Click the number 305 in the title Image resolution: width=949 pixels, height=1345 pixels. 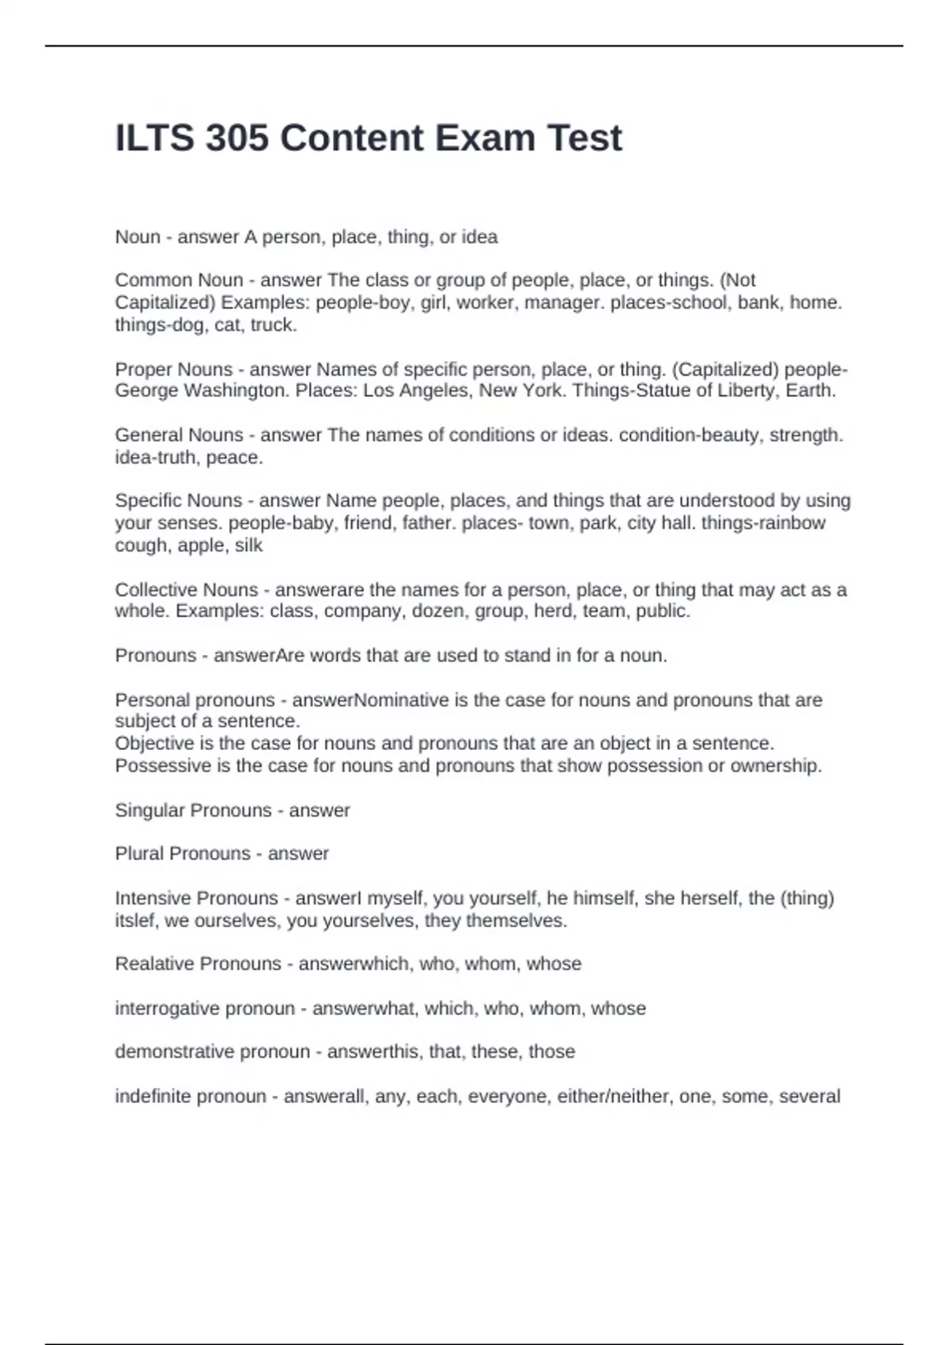(x=236, y=138)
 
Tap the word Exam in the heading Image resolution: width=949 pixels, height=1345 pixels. (x=474, y=138)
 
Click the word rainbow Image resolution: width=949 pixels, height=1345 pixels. (x=792, y=523)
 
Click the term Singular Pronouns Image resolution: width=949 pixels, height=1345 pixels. (x=193, y=810)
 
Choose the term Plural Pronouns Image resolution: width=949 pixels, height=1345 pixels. (x=183, y=854)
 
